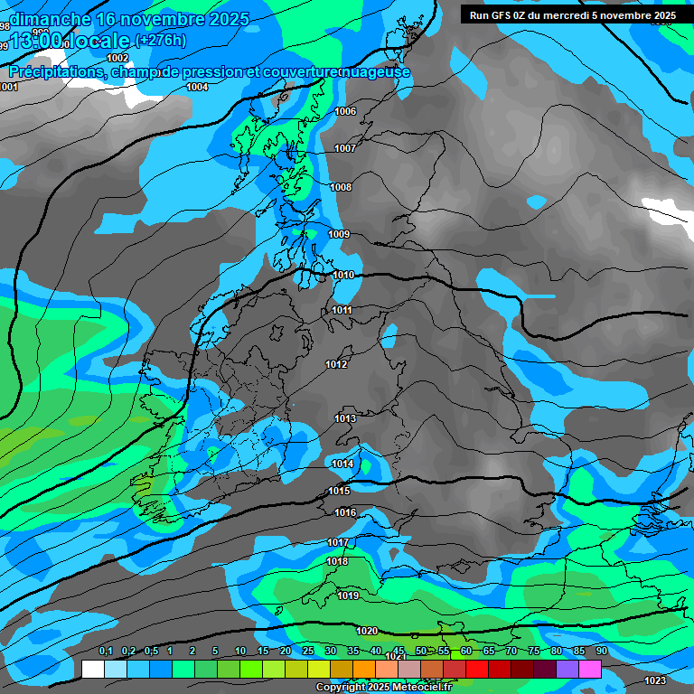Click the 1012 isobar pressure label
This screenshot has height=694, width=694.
click(336, 365)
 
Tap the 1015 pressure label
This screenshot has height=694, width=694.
click(339, 492)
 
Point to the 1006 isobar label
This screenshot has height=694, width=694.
click(345, 112)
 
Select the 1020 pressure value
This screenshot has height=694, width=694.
click(367, 631)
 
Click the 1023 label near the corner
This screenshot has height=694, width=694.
click(655, 680)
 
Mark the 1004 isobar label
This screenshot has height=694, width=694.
click(197, 88)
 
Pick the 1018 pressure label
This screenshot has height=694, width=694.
click(337, 561)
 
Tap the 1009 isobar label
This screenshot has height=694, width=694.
click(339, 235)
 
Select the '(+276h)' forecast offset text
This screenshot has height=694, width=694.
click(160, 40)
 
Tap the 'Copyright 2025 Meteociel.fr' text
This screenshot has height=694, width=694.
click(386, 688)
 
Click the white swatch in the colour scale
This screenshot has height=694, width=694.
click(93, 669)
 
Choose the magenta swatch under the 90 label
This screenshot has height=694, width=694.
click(590, 669)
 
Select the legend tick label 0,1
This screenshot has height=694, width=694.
click(106, 652)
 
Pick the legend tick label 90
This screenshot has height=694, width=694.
click(601, 652)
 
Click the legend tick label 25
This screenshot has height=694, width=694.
click(308, 652)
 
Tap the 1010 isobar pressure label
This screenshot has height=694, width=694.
click(343, 275)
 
